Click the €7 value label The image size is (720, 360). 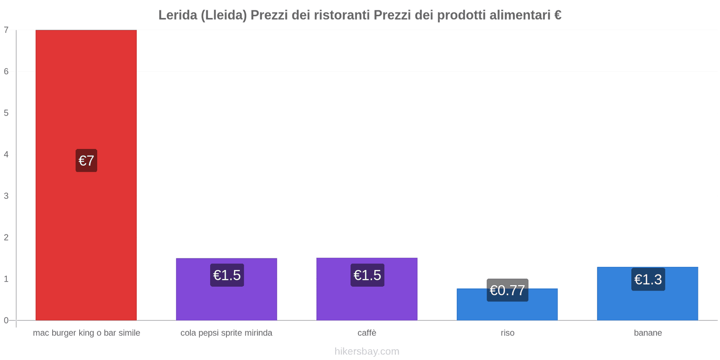86,161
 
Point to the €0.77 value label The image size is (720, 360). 507,290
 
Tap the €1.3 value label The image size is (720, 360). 648,279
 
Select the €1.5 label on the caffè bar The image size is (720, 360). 367,275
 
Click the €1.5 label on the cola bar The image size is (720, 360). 227,275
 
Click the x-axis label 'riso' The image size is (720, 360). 507,333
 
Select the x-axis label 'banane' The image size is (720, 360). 648,333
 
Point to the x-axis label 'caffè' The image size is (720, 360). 367,333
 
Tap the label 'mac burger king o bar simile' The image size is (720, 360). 86,333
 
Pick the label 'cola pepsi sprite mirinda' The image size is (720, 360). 226,333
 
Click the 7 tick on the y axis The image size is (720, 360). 6,30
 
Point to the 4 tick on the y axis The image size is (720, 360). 6,154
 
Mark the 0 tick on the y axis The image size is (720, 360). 6,320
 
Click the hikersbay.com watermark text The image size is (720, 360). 367,351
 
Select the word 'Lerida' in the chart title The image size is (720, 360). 178,15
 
